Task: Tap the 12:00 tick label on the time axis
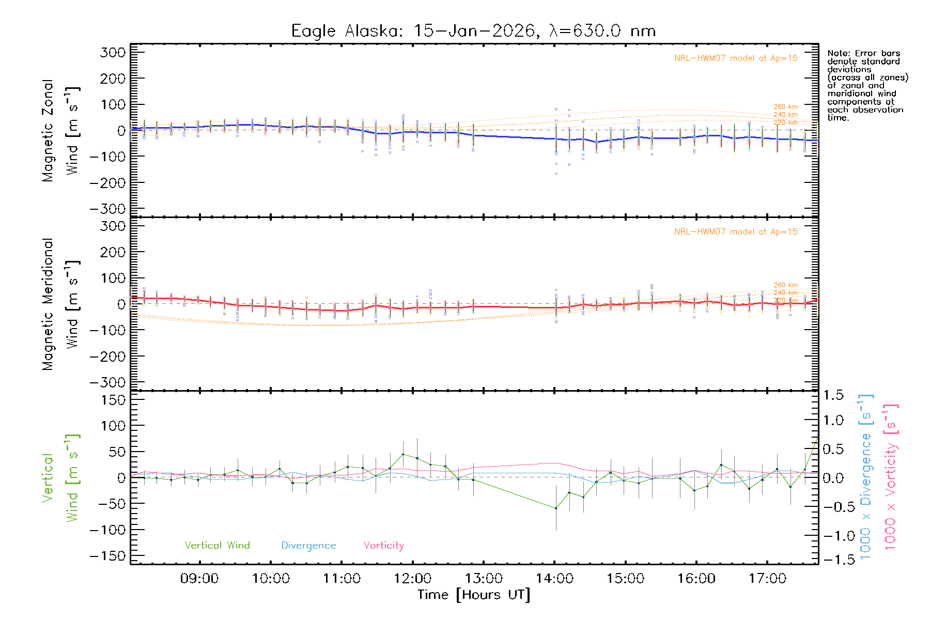(412, 579)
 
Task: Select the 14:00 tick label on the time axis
(554, 579)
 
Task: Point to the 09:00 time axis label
(199, 579)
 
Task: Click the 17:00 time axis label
(767, 579)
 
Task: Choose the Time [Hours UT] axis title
(474, 595)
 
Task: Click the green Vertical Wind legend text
(217, 546)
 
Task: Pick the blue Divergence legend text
(308, 546)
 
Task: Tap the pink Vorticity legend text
(383, 546)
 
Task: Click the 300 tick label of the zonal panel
(113, 53)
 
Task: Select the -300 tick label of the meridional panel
(107, 383)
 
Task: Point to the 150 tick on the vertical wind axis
(113, 400)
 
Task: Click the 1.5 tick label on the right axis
(833, 395)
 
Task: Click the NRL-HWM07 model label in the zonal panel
(736, 58)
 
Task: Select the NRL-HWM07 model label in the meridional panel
(736, 232)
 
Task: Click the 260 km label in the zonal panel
(785, 107)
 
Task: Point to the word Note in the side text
(837, 53)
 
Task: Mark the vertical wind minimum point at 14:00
(556, 508)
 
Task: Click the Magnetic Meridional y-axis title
(48, 304)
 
